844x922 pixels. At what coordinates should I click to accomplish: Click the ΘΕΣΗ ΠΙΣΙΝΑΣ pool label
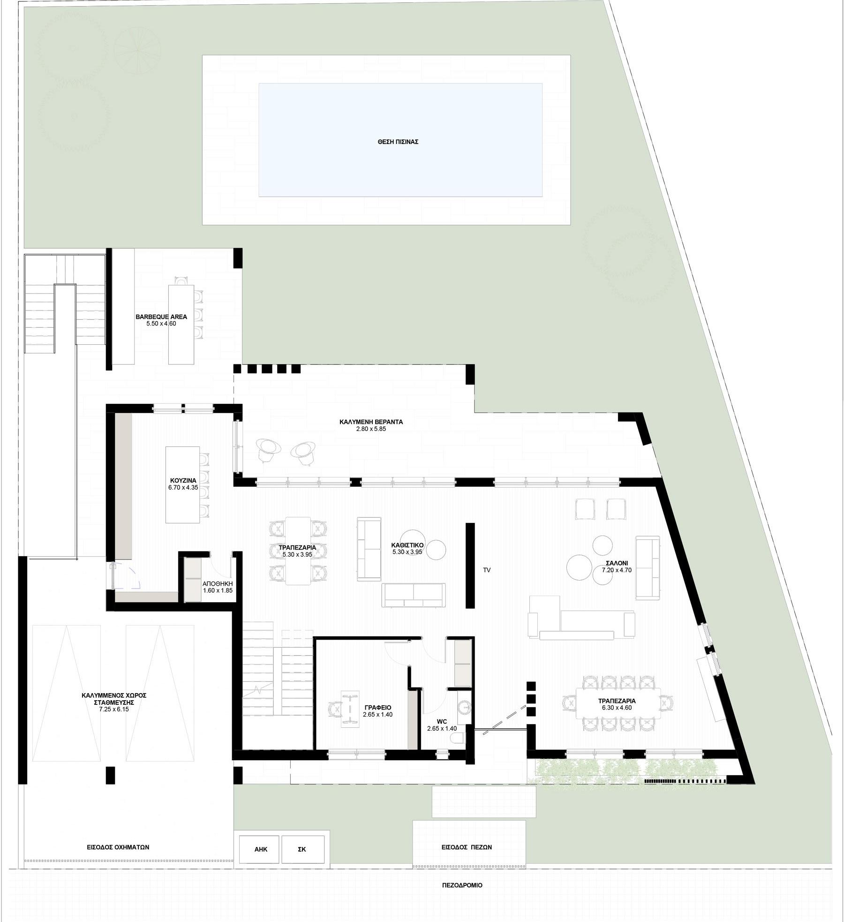(x=398, y=141)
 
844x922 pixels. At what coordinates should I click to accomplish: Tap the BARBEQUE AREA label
(x=161, y=317)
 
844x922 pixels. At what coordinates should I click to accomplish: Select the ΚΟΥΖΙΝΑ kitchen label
(x=183, y=481)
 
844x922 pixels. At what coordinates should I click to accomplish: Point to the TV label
(x=487, y=570)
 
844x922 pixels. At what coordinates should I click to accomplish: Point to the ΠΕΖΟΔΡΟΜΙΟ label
(x=462, y=885)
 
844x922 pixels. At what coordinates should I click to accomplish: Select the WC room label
(x=442, y=721)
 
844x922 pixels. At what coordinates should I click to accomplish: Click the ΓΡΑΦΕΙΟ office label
(x=377, y=707)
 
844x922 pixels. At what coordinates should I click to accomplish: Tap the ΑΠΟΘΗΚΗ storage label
(x=218, y=583)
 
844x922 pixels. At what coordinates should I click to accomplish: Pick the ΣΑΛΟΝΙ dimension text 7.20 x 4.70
(x=617, y=571)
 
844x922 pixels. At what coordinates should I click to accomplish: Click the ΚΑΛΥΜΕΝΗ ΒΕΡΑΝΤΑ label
(x=371, y=422)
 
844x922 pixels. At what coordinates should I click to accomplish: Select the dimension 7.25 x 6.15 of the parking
(x=114, y=709)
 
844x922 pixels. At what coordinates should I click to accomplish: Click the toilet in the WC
(x=459, y=740)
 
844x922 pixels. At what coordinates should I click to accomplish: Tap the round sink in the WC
(x=464, y=708)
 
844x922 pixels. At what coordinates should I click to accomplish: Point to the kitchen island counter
(x=182, y=485)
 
